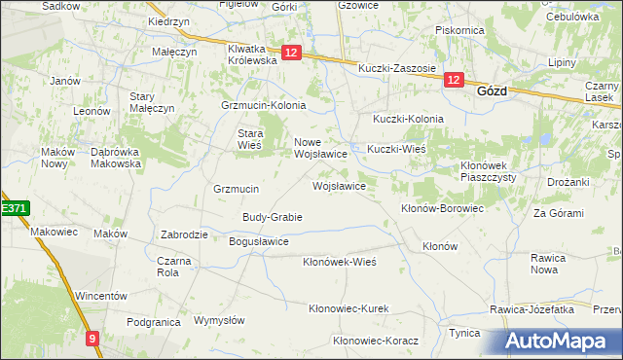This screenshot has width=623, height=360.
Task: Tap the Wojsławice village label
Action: point(339,185)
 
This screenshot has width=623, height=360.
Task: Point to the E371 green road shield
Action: point(14,208)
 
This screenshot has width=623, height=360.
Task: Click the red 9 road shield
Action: point(92,339)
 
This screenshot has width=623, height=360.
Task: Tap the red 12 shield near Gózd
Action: point(454,82)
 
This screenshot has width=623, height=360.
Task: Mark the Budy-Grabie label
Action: point(273,217)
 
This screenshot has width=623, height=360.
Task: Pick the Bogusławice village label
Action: point(258,241)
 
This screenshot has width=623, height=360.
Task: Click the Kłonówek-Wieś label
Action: point(339,262)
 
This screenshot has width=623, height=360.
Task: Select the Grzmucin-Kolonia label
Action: point(264,105)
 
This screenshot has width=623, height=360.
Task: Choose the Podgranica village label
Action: point(155,321)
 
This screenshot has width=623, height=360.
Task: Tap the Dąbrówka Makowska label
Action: point(116,158)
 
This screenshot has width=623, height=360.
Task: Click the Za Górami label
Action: point(553,212)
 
